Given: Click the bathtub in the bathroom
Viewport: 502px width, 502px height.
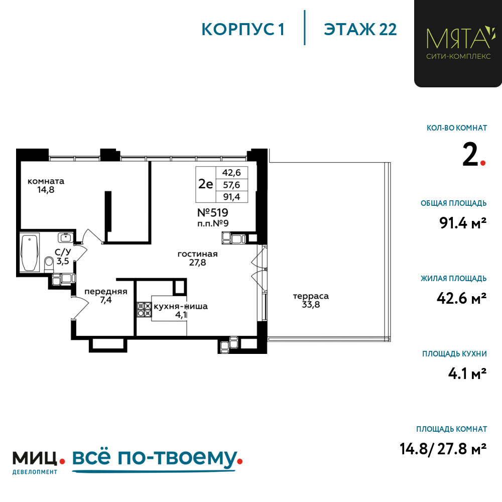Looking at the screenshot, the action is click(x=30, y=253).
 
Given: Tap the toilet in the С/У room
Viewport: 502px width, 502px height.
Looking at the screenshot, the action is click(x=49, y=264).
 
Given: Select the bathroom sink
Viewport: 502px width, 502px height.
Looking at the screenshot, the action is click(x=66, y=237).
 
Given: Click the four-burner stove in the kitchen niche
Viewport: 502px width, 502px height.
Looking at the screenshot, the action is click(x=144, y=310).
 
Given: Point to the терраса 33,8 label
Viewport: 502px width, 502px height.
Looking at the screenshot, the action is click(x=311, y=300).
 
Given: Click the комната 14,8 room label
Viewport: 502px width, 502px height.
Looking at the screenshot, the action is click(x=46, y=185).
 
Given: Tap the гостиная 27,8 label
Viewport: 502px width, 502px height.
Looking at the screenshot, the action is click(x=197, y=258).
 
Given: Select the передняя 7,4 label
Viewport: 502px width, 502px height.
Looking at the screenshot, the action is click(x=105, y=296).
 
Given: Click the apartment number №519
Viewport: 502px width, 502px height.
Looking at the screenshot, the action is click(x=212, y=212).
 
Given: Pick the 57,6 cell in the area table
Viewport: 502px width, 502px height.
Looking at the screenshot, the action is click(x=231, y=185).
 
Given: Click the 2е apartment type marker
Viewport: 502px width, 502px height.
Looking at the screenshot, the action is click(x=205, y=184).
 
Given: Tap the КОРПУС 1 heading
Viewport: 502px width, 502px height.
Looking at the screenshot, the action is click(x=243, y=30).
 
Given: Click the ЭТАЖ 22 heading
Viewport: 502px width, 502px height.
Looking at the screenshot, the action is click(x=360, y=30).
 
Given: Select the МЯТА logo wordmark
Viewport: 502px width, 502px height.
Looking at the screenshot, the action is click(x=458, y=38).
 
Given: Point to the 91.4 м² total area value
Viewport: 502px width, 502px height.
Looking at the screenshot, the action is click(x=463, y=223).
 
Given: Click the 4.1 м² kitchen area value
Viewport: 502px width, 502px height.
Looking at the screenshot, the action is click(x=467, y=373).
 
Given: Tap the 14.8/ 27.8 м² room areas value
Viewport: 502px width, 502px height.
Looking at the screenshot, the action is click(x=443, y=448).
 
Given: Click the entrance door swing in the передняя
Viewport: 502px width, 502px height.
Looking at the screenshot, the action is click(x=80, y=307).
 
